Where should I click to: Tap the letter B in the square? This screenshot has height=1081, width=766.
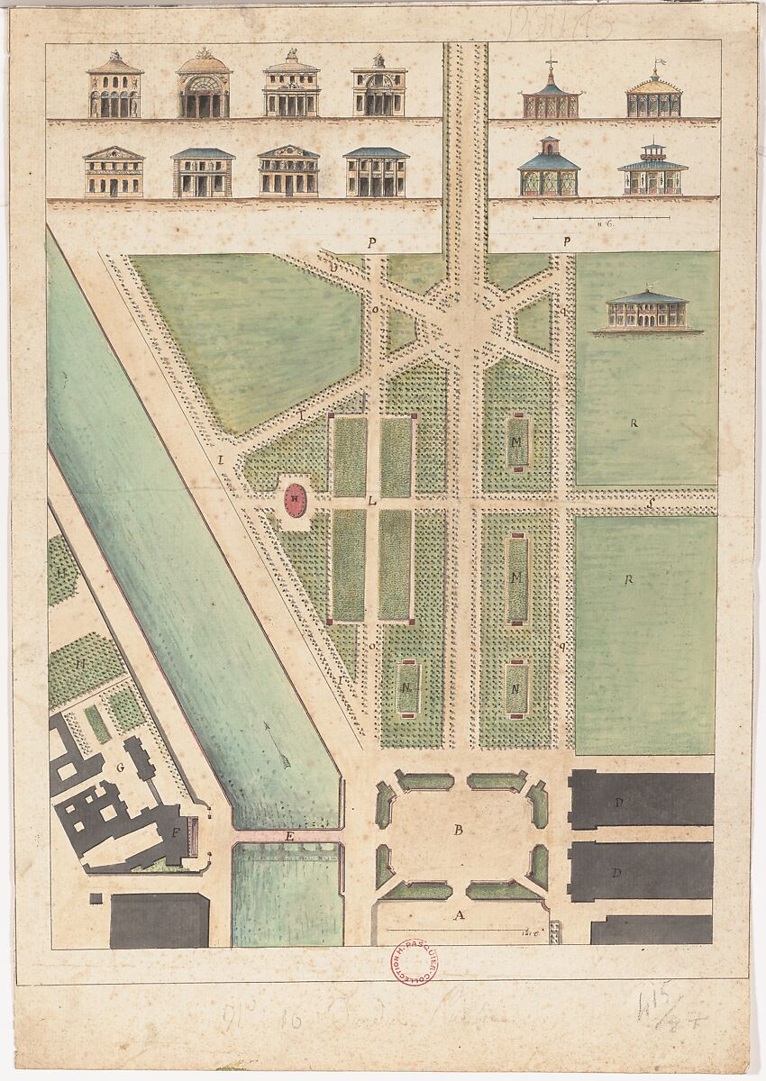pyautogui.click(x=458, y=831)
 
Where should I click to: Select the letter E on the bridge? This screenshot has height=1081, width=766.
pyautogui.click(x=289, y=838)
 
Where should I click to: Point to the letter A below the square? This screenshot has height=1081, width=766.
pyautogui.click(x=460, y=915)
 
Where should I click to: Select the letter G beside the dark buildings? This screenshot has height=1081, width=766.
pyautogui.click(x=119, y=768)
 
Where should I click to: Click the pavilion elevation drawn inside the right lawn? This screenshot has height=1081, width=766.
pyautogui.click(x=647, y=312)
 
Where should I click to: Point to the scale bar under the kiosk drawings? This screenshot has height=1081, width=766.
pyautogui.click(x=600, y=217)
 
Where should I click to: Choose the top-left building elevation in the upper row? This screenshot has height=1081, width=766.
pyautogui.click(x=114, y=86)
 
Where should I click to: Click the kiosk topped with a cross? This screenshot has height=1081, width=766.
pyautogui.click(x=549, y=94)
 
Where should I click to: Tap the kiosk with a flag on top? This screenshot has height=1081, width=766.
pyautogui.click(x=654, y=92)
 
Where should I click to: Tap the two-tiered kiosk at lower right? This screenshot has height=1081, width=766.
pyautogui.click(x=652, y=169)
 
